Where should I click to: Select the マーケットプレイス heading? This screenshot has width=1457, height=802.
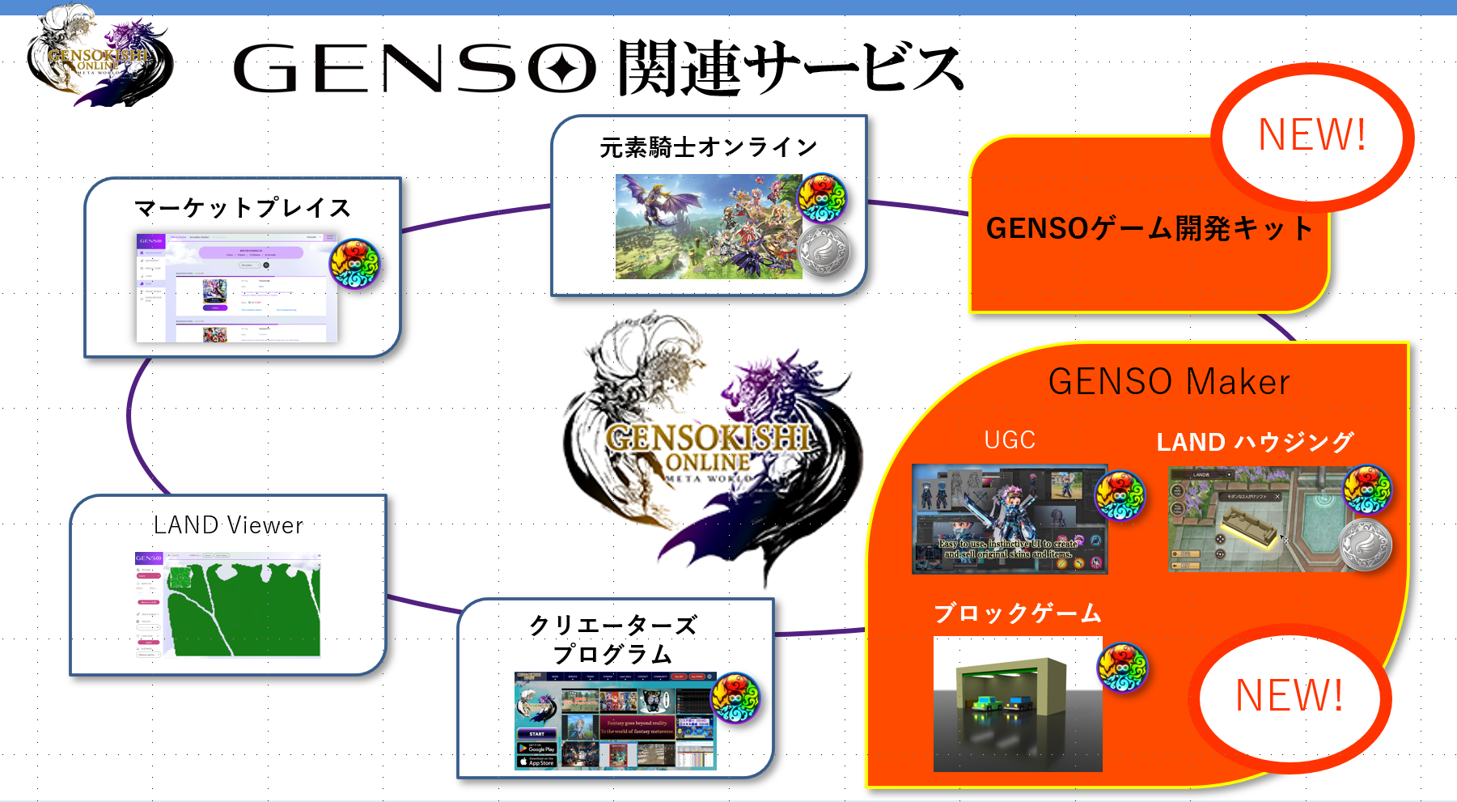tap(243, 208)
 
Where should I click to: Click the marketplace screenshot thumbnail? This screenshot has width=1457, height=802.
tap(236, 287)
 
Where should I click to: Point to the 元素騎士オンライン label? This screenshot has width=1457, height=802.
tap(709, 147)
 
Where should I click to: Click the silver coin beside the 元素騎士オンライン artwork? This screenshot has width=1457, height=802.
tap(824, 251)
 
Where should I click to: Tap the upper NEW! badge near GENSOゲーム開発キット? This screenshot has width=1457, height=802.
tap(1311, 134)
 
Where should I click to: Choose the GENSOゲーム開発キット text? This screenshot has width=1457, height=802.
tap(1149, 228)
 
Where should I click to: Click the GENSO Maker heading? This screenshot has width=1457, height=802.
tap(1169, 381)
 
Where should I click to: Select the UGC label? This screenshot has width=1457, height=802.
tap(1010, 439)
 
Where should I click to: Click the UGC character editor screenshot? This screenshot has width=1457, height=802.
tap(1009, 519)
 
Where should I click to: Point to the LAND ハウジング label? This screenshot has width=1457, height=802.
tap(1255, 442)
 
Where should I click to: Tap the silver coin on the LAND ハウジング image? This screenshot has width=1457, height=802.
tap(1366, 545)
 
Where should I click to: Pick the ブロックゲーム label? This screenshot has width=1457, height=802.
tap(1018, 613)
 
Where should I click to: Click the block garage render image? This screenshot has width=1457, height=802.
tap(1017, 703)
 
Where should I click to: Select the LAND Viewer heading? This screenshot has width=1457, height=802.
tap(228, 525)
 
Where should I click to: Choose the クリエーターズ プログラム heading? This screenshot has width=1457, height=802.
tap(612, 639)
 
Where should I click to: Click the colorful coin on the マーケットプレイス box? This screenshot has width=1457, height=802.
tap(354, 264)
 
